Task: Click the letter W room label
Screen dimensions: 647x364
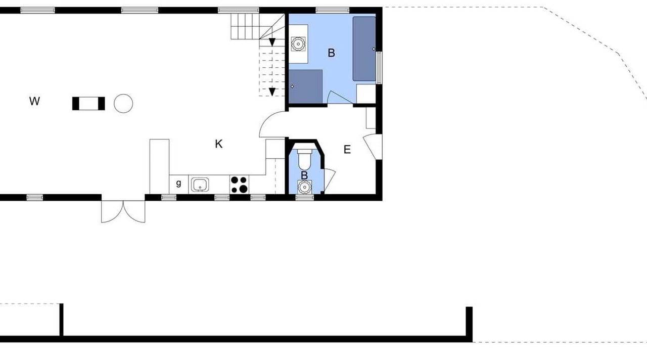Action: tap(34, 102)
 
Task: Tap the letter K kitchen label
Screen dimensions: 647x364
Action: tap(219, 144)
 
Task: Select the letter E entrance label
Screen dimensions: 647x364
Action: tap(347, 149)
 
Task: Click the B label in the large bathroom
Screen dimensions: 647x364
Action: tap(331, 53)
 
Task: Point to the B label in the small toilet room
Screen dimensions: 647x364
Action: tap(304, 175)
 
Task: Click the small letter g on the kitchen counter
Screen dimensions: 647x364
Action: tap(178, 183)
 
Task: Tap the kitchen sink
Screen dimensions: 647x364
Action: tap(200, 185)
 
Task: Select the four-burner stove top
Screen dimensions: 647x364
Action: tap(240, 185)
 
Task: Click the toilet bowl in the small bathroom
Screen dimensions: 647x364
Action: tap(304, 160)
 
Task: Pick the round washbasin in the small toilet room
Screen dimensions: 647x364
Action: tap(304, 187)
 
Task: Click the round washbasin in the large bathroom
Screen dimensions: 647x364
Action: tap(298, 44)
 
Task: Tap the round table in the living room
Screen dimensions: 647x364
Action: tap(123, 104)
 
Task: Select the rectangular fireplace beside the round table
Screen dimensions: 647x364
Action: tap(88, 104)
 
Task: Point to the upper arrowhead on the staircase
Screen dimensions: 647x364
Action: tap(272, 42)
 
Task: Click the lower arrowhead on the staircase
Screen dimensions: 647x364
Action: tap(272, 92)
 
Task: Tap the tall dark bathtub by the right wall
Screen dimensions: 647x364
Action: tap(364, 49)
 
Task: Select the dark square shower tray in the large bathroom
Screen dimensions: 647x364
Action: tap(306, 86)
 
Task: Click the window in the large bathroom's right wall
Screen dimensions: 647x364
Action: tap(379, 68)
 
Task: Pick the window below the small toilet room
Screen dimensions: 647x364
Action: tap(304, 198)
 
